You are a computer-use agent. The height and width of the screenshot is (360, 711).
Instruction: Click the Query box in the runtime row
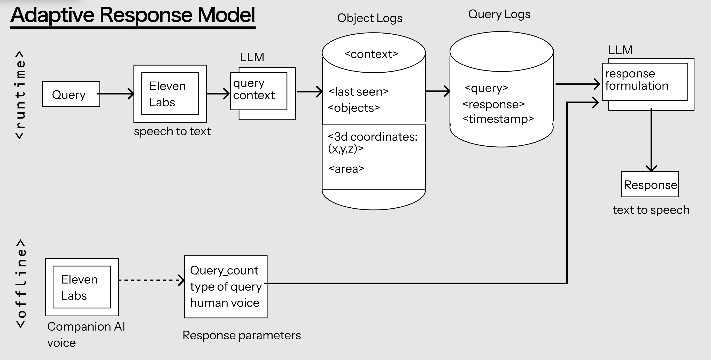coord(71,94)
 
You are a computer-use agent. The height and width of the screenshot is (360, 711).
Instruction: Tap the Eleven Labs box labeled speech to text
coord(170,94)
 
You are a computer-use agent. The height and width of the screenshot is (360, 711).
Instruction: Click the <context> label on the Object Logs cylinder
coord(371,54)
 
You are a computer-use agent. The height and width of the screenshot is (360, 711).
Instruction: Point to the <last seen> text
coord(358,92)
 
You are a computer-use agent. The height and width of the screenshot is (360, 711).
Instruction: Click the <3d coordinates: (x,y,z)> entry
coord(372,142)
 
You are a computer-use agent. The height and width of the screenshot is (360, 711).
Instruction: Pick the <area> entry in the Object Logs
coord(346,169)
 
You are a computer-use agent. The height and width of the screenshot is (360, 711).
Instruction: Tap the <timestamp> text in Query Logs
coord(498,119)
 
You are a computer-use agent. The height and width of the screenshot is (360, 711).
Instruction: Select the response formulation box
coord(645,81)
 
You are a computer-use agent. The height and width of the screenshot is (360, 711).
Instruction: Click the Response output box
coord(650,184)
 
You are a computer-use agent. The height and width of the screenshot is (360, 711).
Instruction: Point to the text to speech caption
coord(651,210)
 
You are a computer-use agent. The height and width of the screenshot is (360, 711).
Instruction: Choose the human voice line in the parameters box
coord(225,303)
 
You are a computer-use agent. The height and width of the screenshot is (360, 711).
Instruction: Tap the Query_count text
coord(224,270)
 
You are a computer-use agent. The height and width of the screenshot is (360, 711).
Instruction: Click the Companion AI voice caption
coord(86,334)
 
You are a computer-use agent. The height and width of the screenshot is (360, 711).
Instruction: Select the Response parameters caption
coord(242,335)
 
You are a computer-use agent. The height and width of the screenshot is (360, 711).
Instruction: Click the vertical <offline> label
coord(21,284)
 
